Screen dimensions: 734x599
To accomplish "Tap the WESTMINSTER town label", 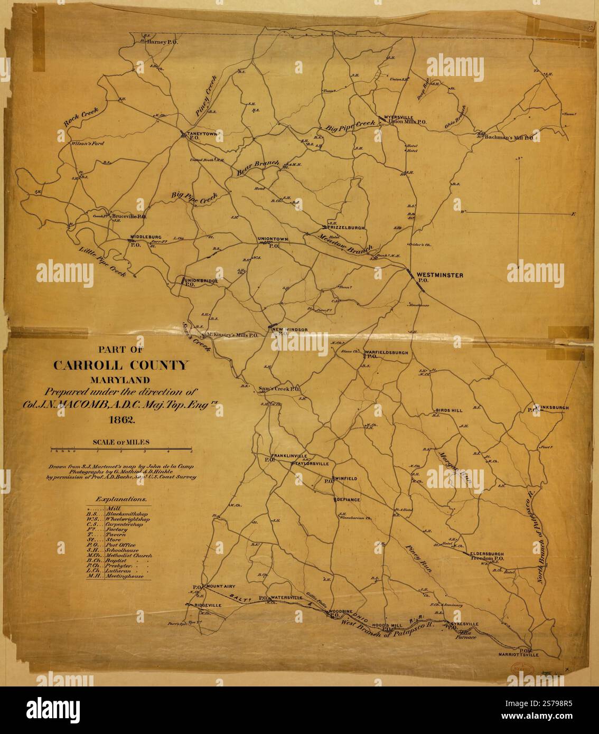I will [x=439, y=275].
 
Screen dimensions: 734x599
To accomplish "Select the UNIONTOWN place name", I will [x=273, y=239].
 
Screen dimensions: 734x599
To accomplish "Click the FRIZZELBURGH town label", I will [x=346, y=228].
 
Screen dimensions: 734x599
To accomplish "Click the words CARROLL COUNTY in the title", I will [x=119, y=365].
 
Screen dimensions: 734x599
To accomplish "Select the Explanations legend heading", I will [x=121, y=498].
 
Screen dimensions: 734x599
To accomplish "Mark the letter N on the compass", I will [x=520, y=158].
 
